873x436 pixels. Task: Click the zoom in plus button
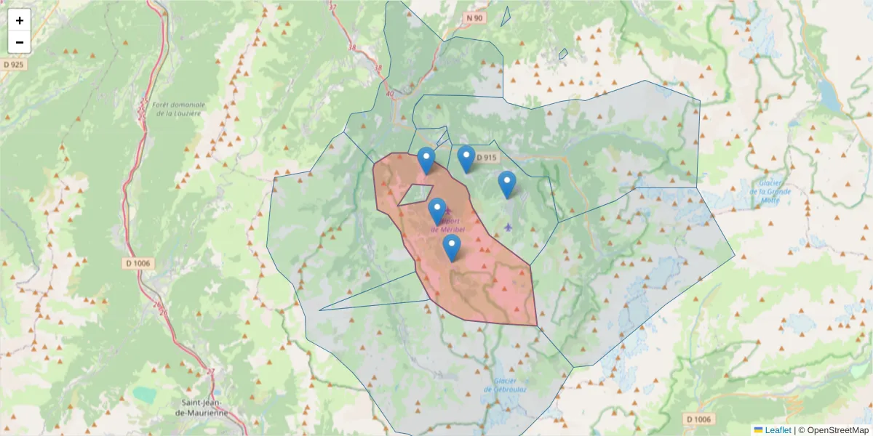point(20,20)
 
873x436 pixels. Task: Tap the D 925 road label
point(13,65)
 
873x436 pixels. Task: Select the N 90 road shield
point(475,17)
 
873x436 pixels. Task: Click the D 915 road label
point(487,158)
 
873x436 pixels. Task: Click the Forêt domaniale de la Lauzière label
point(179,109)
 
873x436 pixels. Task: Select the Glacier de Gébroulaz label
point(509,384)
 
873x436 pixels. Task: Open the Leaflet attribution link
point(778,430)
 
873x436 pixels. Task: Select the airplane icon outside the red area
point(508,227)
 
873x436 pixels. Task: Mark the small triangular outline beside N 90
point(506,17)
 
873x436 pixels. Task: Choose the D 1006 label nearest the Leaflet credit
point(699,419)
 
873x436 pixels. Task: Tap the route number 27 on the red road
point(211,371)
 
